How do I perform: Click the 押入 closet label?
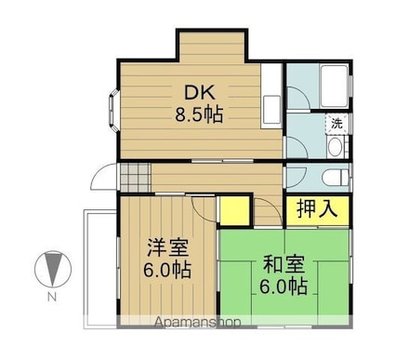pyautogui.click(x=316, y=208)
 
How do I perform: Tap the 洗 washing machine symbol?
pyautogui.click(x=336, y=123)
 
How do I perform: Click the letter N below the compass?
pyautogui.click(x=53, y=298)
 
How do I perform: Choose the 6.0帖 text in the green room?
pyautogui.click(x=284, y=287)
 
